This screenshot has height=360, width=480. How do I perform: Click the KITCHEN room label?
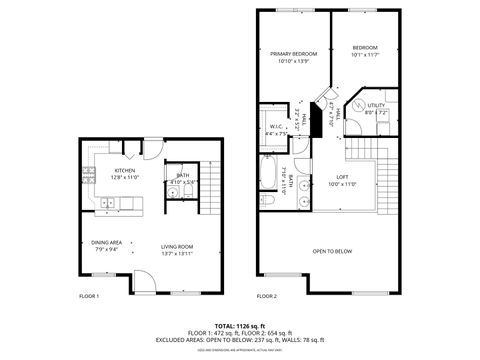(125, 171)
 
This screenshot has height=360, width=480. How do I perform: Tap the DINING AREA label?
(107, 242)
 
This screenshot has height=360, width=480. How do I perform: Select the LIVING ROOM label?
(177, 246)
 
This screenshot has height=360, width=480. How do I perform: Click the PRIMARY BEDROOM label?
(293, 53)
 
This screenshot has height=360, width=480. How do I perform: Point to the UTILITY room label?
(376, 105)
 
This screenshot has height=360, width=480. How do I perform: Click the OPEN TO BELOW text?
(332, 251)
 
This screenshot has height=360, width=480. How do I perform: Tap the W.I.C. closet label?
(277, 126)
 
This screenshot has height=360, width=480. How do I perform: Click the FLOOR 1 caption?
(89, 296)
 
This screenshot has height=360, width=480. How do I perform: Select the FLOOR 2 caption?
(266, 296)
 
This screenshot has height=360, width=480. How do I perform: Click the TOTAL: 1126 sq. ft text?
(240, 326)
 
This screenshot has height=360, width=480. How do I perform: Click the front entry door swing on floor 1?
(143, 284)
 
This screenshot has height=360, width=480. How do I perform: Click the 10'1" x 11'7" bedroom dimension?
(364, 55)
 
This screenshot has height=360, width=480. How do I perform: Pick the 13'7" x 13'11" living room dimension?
(177, 253)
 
